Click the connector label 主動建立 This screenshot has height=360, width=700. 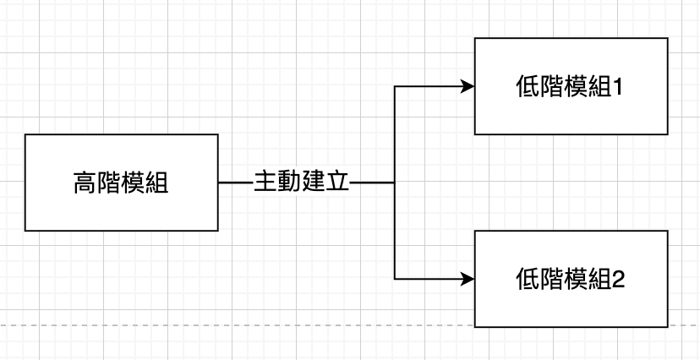click(301, 183)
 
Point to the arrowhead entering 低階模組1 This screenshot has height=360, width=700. click(467, 86)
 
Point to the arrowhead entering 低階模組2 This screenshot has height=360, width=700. click(467, 278)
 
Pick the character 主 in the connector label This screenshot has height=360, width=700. click(265, 183)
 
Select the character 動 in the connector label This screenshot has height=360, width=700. click(289, 183)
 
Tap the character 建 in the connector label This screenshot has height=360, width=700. click(313, 183)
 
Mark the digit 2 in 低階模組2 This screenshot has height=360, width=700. click(617, 278)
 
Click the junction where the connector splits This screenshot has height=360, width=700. click(395, 183)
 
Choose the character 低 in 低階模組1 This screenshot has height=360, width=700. click(527, 86)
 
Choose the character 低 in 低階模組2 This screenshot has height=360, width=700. click(527, 278)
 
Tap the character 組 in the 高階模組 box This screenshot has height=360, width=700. click(156, 183)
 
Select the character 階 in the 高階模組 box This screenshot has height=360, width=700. click(109, 183)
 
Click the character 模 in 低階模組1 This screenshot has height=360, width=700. click(574, 86)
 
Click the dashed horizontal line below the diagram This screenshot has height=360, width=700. click(254, 325)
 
